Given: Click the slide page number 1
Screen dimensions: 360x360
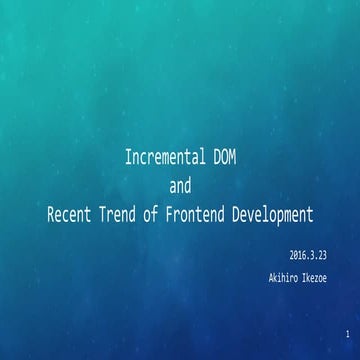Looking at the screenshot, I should pos(342,332).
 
